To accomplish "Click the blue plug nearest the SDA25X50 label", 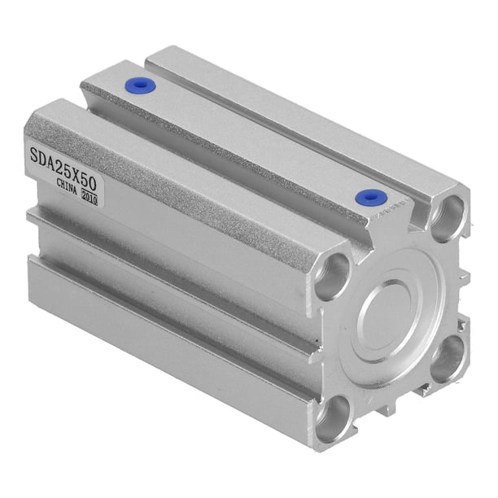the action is click(140, 85).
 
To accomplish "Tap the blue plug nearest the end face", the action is click(370, 198).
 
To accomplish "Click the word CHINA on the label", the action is click(67, 187).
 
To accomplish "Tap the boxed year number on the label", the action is click(90, 199).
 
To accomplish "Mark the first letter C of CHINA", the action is click(59, 183).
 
